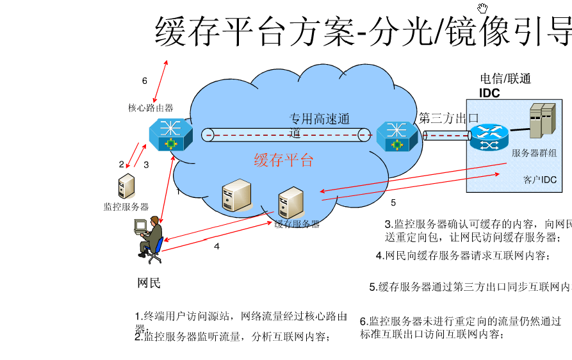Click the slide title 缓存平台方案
point(253,31)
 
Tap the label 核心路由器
point(151,108)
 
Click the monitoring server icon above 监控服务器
point(126,186)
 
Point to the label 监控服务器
point(126,207)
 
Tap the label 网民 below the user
point(149,283)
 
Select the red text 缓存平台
point(284,160)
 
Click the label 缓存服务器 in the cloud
point(297,224)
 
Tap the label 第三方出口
point(449,119)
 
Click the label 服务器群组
point(534,152)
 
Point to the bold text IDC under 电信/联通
point(490,93)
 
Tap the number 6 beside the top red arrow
point(145,81)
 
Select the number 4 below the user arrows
point(217,246)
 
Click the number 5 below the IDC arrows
point(393,203)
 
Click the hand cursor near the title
point(482,8)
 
